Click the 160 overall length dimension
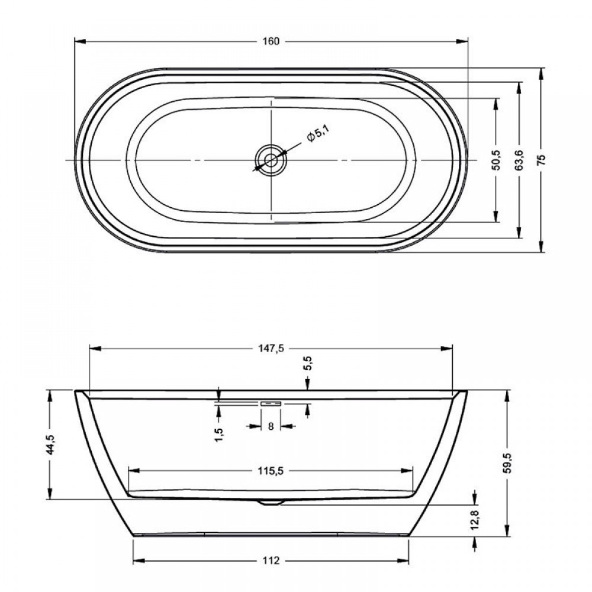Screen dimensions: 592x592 (x=271, y=41)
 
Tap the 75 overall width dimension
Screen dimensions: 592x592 (x=542, y=160)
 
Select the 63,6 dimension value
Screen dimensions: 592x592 (x=519, y=160)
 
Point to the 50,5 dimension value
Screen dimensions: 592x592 (x=496, y=160)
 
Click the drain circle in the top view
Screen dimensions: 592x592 (x=271, y=160)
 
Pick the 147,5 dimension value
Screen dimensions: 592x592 (x=271, y=349)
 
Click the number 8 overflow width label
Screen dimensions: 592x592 (x=271, y=426)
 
